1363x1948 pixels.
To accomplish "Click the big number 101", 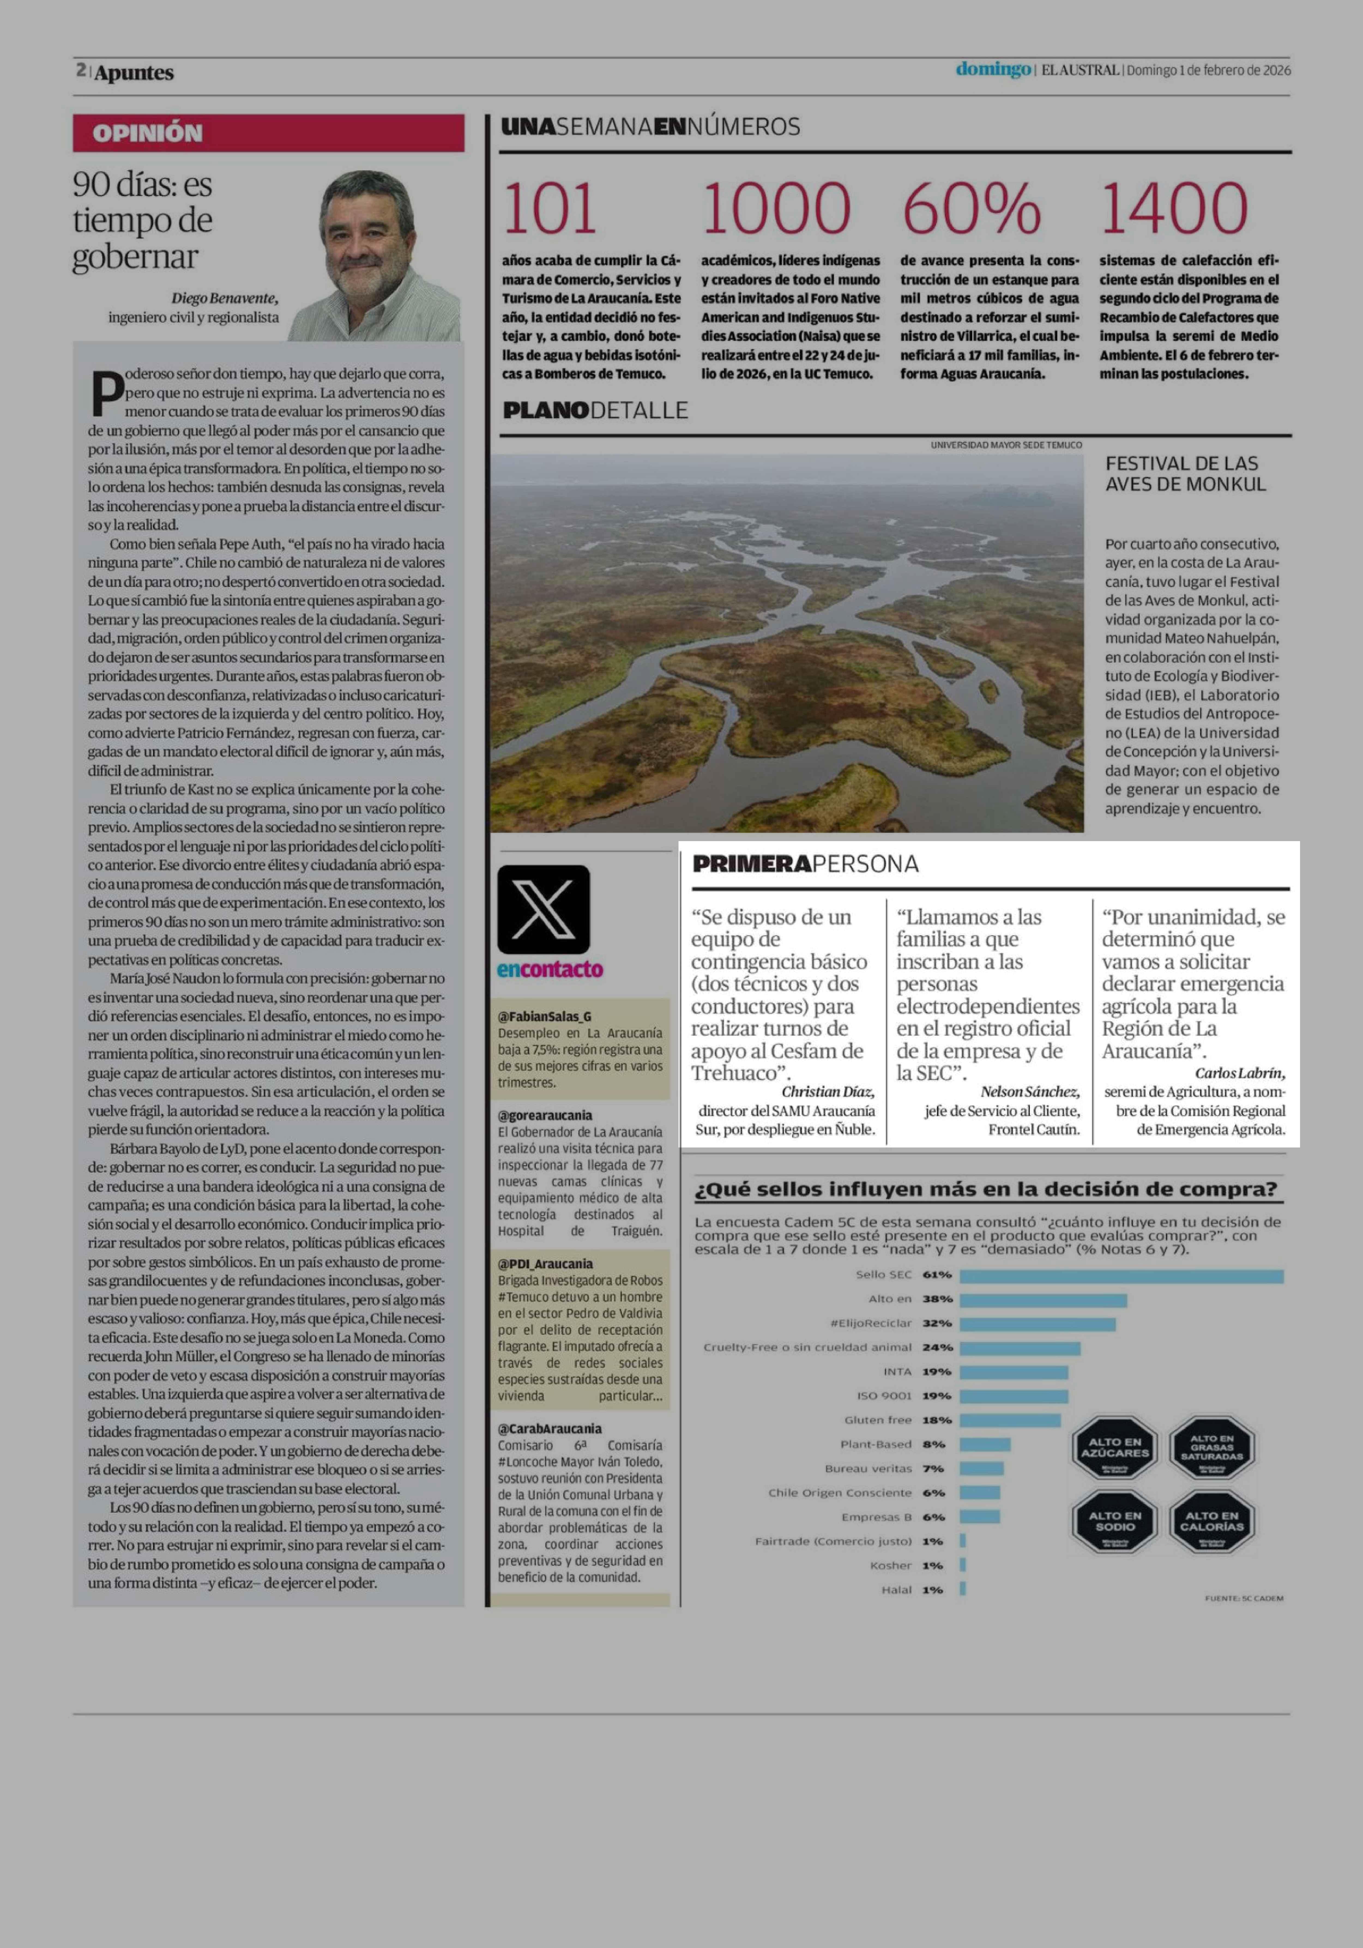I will tap(550, 209).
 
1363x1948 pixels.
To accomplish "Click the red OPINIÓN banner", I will tap(268, 133).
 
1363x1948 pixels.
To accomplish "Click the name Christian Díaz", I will tap(827, 1092).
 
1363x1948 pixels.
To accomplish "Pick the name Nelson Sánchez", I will tap(1029, 1092).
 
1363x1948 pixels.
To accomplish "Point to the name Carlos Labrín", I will tap(1239, 1073).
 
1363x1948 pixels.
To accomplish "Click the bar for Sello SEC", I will tap(1120, 1275).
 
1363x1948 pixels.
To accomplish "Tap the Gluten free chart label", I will tap(877, 1420).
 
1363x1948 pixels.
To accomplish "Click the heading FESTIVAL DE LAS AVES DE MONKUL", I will tap(1185, 473).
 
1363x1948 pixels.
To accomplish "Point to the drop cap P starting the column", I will tap(106, 392).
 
